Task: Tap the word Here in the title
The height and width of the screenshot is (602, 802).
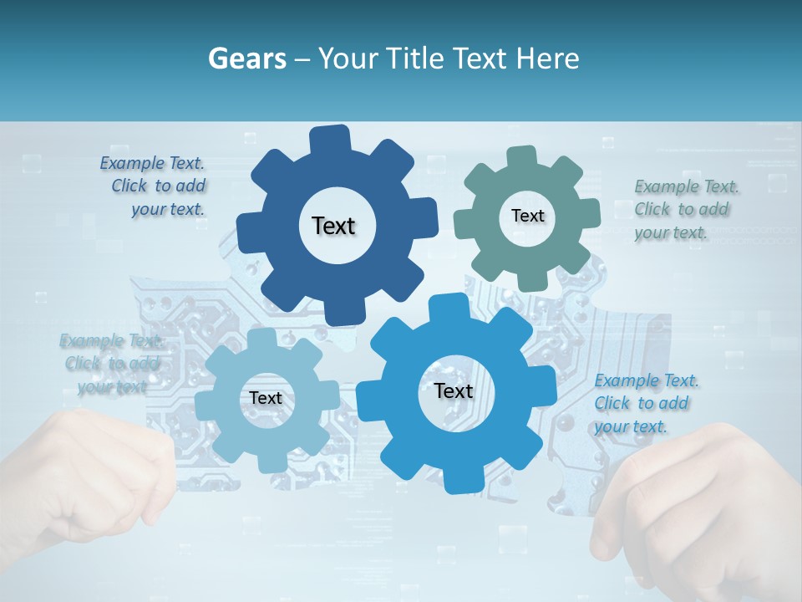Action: pyautogui.click(x=548, y=59)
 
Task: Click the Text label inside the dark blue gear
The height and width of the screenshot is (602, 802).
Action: pyautogui.click(x=333, y=226)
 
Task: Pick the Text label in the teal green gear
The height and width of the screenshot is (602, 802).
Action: pyautogui.click(x=527, y=216)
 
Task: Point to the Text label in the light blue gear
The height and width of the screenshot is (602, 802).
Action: pyautogui.click(x=266, y=398)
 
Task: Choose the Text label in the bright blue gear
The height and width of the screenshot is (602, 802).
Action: pyautogui.click(x=454, y=390)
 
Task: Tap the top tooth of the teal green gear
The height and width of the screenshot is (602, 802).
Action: pyautogui.click(x=521, y=156)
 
